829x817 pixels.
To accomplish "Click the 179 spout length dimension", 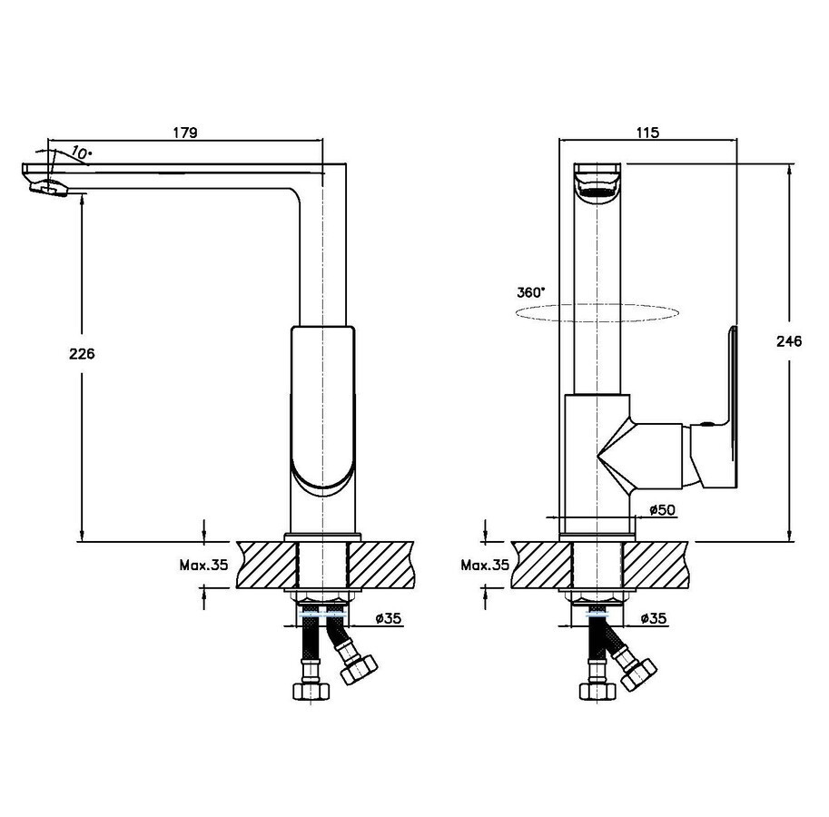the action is (x=185, y=133).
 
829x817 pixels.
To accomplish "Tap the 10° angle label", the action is (x=81, y=153).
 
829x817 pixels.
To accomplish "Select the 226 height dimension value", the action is (x=82, y=353).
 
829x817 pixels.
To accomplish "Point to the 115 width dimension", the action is (x=647, y=133).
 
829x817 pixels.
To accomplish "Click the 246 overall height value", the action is (x=789, y=341).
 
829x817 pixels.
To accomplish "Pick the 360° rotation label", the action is (x=531, y=292).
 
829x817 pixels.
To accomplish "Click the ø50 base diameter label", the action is (x=662, y=509).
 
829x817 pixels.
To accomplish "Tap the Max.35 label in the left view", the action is (x=203, y=565).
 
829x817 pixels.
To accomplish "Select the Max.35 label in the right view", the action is (x=485, y=565).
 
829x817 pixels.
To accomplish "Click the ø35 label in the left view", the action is (x=389, y=618).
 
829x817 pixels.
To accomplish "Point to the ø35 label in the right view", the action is (x=654, y=618).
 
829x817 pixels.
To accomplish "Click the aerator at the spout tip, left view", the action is (x=49, y=186).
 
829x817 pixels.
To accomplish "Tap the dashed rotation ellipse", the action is (x=597, y=312).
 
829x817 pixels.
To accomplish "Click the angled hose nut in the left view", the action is (x=359, y=669).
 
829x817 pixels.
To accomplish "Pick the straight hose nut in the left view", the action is (x=311, y=691).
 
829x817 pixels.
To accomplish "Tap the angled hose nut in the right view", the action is (x=638, y=674).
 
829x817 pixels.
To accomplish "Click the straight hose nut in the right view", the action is (x=597, y=691).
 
